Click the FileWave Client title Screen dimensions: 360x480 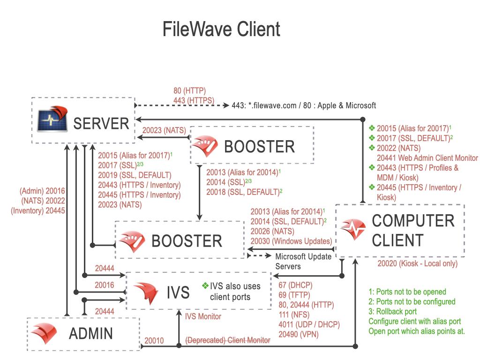point(221,29)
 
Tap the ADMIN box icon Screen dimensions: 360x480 point(45,333)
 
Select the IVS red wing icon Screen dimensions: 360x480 point(147,293)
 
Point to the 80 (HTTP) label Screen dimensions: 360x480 point(189,90)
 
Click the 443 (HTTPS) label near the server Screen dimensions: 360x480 point(194,100)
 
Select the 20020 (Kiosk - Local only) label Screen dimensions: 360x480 point(417,263)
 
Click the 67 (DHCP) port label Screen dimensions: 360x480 point(295,285)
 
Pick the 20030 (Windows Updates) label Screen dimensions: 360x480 point(291,241)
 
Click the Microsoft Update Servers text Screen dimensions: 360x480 point(303,261)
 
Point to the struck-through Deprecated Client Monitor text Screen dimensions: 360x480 point(228,340)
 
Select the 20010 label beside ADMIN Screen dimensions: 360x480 point(154,340)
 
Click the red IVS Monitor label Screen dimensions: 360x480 point(203,316)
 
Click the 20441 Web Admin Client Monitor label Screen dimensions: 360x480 point(427,158)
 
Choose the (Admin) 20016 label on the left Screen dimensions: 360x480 point(42,191)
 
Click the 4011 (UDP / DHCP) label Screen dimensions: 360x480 point(308,324)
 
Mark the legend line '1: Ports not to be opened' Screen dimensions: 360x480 point(407,292)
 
